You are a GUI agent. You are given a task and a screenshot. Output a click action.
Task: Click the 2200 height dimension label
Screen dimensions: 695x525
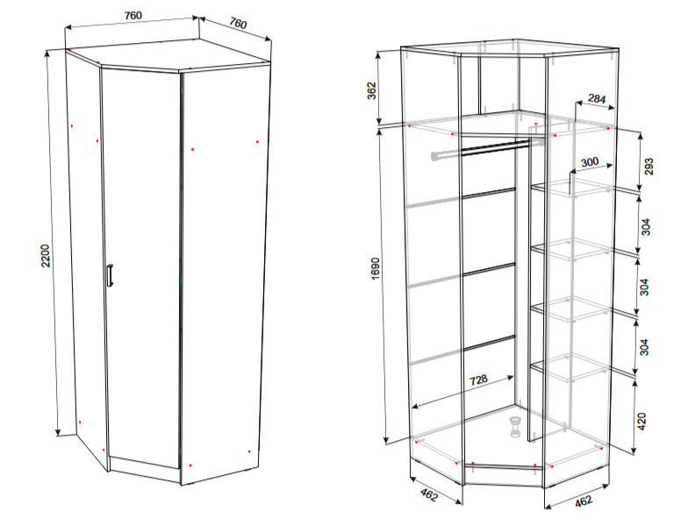[46, 255]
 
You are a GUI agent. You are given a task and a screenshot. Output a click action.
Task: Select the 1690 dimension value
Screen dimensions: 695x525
[375, 268]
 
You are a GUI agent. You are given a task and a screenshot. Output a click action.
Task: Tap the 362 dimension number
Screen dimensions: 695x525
[371, 91]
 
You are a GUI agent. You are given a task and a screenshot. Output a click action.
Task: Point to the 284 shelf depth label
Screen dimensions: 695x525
[597, 99]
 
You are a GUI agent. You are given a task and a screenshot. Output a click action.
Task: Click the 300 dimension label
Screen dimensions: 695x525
[590, 162]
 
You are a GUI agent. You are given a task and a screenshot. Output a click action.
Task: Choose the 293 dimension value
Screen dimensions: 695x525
[648, 167]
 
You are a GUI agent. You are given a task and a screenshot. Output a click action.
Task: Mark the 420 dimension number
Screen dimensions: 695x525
[641, 422]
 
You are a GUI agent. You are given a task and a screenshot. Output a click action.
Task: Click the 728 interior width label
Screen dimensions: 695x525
[478, 380]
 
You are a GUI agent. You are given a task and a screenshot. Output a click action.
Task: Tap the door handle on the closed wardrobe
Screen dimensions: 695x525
[110, 275]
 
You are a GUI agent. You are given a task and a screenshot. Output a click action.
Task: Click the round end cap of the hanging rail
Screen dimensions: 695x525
[434, 156]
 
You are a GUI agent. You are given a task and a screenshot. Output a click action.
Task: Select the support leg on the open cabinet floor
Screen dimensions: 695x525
[515, 427]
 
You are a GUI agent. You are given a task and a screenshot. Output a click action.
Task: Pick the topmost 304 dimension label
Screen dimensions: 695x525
[646, 227]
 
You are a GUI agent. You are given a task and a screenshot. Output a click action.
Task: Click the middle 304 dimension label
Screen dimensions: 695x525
[644, 287]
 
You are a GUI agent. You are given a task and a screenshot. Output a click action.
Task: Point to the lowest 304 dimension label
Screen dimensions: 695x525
[644, 346]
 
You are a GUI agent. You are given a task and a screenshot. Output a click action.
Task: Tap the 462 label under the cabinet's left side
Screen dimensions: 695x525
[428, 495]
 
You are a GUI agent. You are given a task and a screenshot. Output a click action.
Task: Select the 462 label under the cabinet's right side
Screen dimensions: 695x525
[584, 500]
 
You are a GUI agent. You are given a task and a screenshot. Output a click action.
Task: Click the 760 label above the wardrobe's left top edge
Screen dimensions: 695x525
[133, 16]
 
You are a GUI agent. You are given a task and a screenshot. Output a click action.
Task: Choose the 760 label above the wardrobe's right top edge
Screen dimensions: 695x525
[238, 23]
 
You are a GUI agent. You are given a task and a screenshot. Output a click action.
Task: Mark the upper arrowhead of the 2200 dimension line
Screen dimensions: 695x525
[47, 54]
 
